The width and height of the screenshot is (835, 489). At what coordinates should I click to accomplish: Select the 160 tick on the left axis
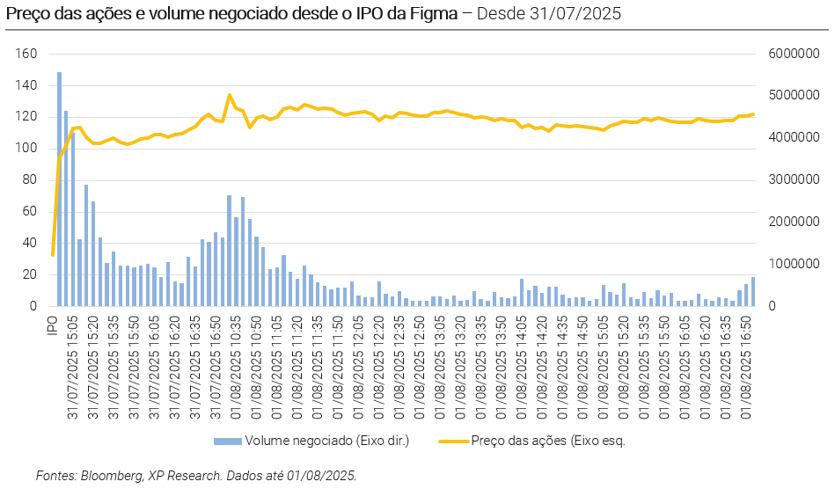click(26, 55)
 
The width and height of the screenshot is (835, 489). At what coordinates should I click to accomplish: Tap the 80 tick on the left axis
click(30, 180)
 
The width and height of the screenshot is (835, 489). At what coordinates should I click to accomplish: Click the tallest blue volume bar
click(59, 189)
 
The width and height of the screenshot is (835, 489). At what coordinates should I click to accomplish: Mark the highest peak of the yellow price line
click(229, 95)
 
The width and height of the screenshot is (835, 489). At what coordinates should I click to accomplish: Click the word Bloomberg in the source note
click(112, 476)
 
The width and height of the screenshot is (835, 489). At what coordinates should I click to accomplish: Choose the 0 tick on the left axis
click(33, 306)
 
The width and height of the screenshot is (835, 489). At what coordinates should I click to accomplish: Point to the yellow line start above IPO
click(53, 255)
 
